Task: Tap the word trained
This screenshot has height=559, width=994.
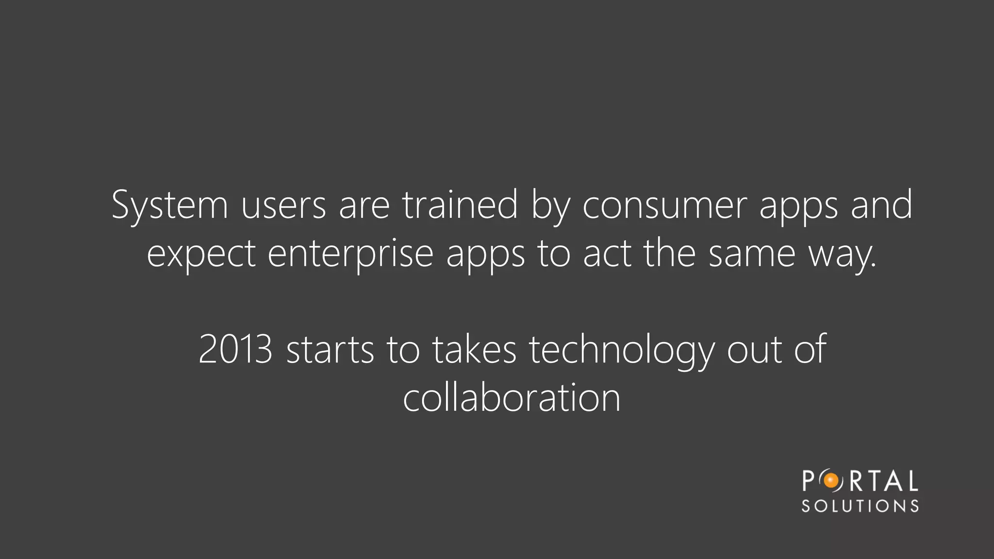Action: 460,205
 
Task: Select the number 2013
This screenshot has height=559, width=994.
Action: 235,349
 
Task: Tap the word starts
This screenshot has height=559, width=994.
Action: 330,349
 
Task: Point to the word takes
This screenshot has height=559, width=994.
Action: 474,349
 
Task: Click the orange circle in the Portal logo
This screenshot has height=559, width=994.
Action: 831,481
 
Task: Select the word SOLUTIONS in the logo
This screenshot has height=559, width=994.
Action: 860,506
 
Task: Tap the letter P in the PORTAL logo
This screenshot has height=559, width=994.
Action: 808,481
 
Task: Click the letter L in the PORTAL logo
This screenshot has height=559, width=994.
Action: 912,481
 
